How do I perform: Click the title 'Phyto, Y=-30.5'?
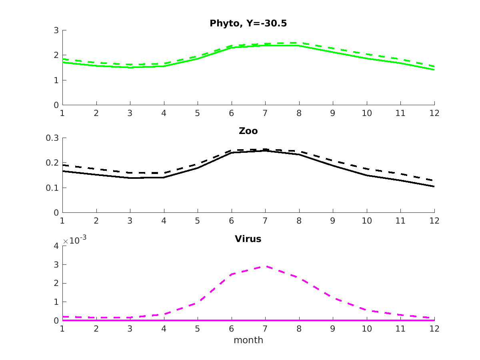click(x=248, y=24)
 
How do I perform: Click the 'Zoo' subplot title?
click(x=248, y=131)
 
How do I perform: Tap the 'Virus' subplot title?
click(x=248, y=239)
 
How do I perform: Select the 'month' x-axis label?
click(x=248, y=340)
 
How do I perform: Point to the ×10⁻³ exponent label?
click(x=75, y=241)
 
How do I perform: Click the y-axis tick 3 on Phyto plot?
click(x=56, y=30)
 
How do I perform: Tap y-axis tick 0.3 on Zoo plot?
click(x=53, y=138)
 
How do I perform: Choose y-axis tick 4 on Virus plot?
click(x=56, y=246)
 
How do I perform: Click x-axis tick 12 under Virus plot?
click(x=434, y=328)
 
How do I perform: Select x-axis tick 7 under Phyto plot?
click(x=265, y=113)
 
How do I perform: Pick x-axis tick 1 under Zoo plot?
click(x=62, y=220)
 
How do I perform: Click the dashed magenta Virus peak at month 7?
click(x=265, y=266)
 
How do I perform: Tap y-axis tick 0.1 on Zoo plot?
click(x=53, y=188)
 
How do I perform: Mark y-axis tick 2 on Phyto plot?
click(x=56, y=55)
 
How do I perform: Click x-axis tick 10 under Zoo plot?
click(x=367, y=220)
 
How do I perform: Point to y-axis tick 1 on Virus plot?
click(x=56, y=302)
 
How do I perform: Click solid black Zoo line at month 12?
click(x=434, y=186)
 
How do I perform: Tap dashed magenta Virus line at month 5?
click(x=198, y=303)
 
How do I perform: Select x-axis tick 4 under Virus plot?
click(x=164, y=328)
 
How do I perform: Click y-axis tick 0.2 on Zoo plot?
click(x=53, y=163)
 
